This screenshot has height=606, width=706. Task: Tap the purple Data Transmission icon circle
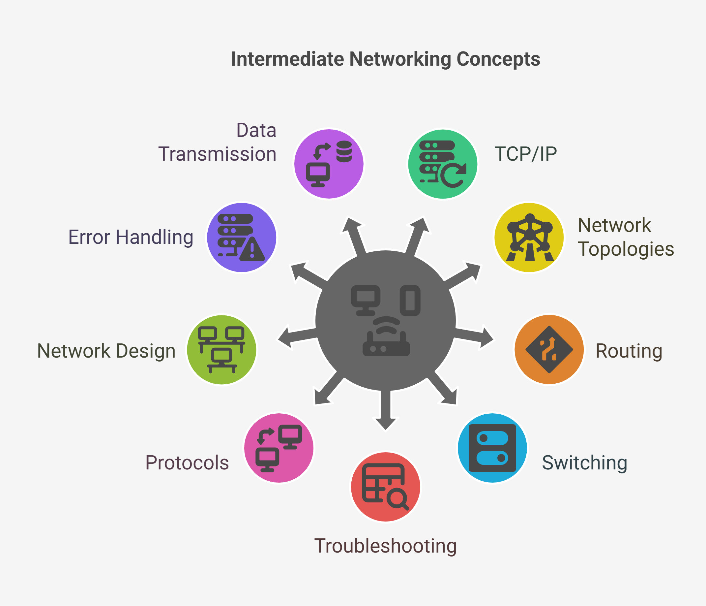[329, 164]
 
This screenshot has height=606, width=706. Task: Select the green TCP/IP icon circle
[443, 164]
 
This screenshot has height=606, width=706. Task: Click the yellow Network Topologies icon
[529, 238]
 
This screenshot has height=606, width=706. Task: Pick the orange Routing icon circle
[549, 349]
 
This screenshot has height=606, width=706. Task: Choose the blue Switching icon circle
[492, 448]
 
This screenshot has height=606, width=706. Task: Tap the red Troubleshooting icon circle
[386, 487]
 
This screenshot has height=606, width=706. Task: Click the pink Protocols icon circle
[279, 448]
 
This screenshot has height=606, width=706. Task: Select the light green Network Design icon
[222, 350]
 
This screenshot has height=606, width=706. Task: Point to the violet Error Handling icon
[242, 238]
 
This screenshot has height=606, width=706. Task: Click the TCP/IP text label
[526, 154]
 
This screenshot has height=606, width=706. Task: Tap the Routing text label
[629, 351]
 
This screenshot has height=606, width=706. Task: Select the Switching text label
[585, 463]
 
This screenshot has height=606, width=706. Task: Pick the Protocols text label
[187, 463]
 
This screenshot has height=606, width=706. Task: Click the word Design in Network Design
[146, 351]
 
